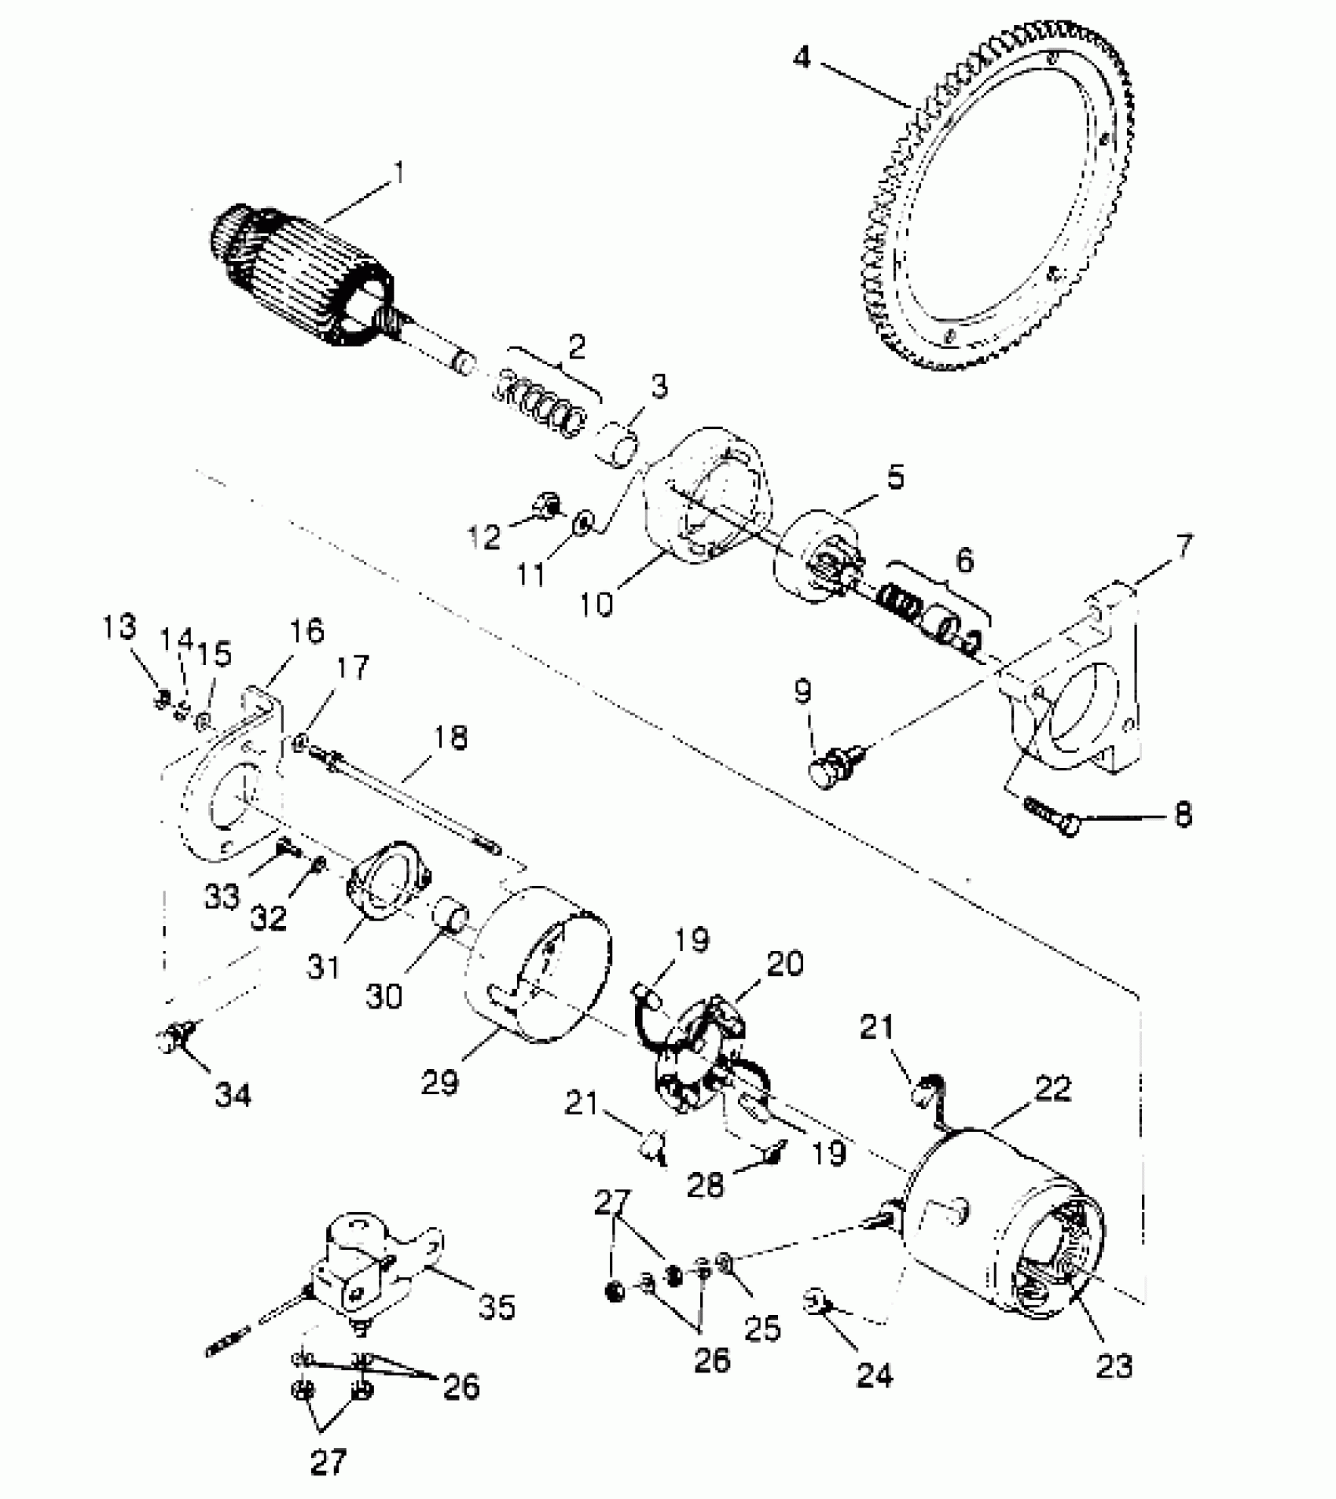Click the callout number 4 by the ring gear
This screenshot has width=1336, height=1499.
(x=801, y=57)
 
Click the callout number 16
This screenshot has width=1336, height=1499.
(x=306, y=631)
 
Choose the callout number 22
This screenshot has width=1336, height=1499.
(x=1053, y=1088)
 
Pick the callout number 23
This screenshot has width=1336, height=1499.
(x=1114, y=1366)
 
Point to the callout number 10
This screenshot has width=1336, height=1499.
(x=598, y=604)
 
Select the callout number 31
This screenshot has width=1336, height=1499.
(x=324, y=965)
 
